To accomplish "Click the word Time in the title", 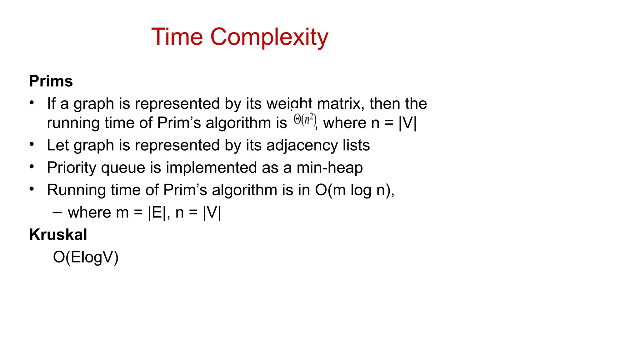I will [x=177, y=37].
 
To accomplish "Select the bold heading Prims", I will [x=51, y=81].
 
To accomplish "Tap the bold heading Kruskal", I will [x=58, y=235].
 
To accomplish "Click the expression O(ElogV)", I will [x=86, y=257].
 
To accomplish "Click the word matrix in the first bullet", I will [x=341, y=103].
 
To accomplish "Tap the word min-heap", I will [x=330, y=168].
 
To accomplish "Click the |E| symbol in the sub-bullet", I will [x=157, y=213].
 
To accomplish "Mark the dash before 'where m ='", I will [x=57, y=212].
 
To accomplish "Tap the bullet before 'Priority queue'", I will [x=32, y=167].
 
